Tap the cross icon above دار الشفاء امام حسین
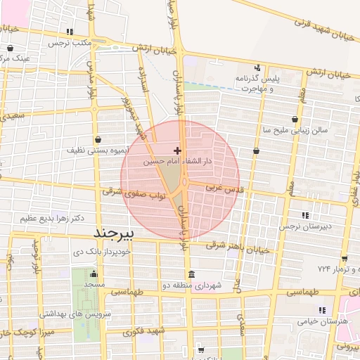(x=177, y=150)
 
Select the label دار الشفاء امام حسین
(x=178, y=161)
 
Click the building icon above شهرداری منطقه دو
(x=191, y=274)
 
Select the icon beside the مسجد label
(x=95, y=274)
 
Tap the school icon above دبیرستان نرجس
(x=304, y=215)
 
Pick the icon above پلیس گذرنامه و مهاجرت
(x=258, y=68)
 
